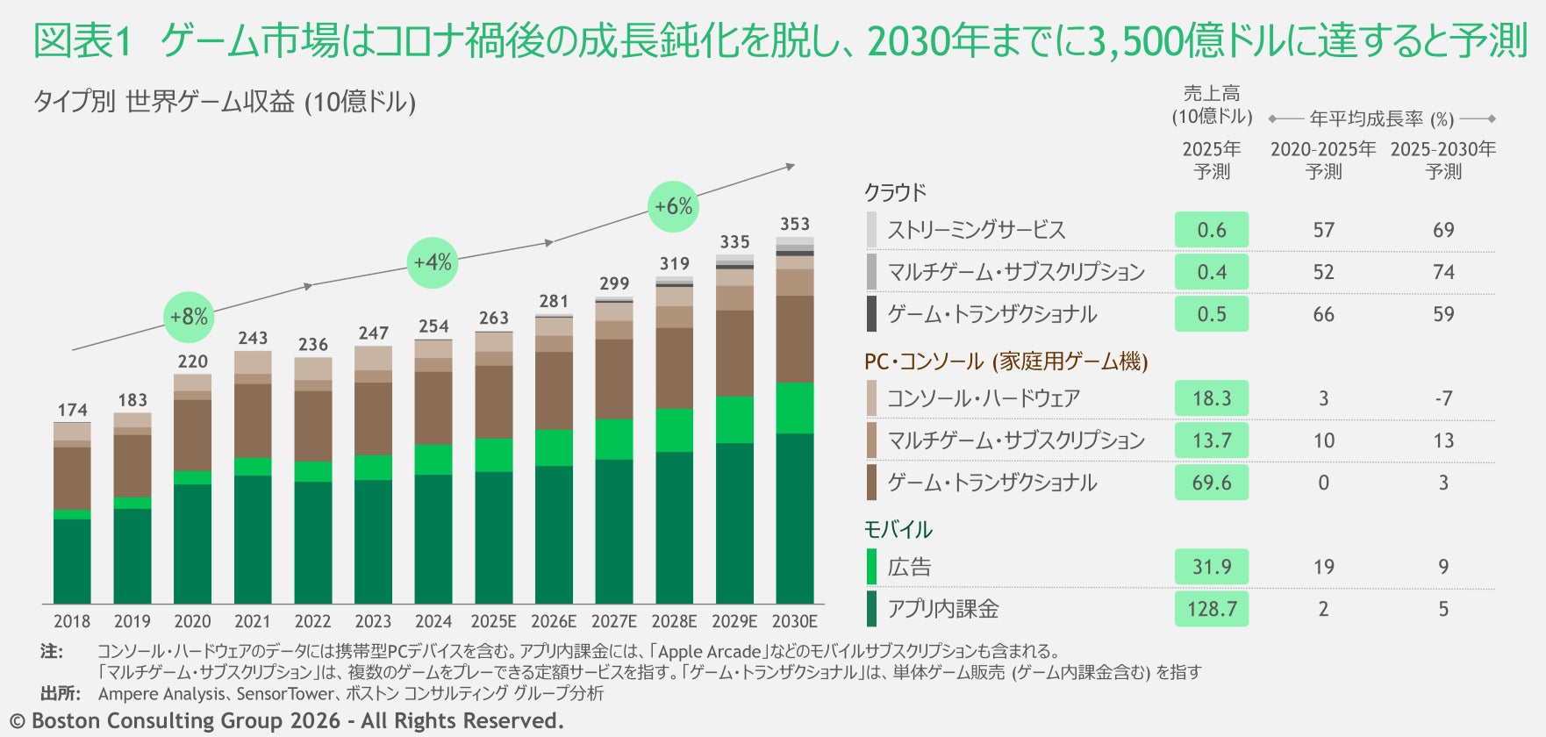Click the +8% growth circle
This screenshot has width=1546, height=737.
point(189,317)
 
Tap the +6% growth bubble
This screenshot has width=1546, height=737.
point(674,206)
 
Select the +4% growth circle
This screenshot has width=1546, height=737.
point(433,262)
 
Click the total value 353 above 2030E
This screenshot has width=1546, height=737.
point(795,225)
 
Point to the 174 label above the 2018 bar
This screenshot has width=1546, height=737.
point(73,410)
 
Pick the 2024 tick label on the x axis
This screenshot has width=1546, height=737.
point(433,621)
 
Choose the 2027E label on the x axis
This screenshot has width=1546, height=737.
point(614,621)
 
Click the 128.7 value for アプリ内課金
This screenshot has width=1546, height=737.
point(1212,609)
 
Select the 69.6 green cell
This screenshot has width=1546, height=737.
point(1212,483)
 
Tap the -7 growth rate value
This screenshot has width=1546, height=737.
point(1443,398)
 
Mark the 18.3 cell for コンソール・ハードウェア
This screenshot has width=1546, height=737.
point(1212,398)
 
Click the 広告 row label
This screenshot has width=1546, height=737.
point(909,567)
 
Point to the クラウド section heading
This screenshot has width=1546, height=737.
point(895,192)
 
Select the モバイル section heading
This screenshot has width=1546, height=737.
point(898,529)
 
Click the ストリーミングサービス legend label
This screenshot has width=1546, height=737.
point(977,230)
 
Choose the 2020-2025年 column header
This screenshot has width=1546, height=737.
point(1323,160)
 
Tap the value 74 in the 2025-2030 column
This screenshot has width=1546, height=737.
point(1443,272)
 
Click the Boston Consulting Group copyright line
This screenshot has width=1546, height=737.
point(286,721)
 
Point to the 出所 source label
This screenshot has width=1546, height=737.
point(61,693)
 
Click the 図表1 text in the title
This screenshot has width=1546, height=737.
point(82,41)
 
